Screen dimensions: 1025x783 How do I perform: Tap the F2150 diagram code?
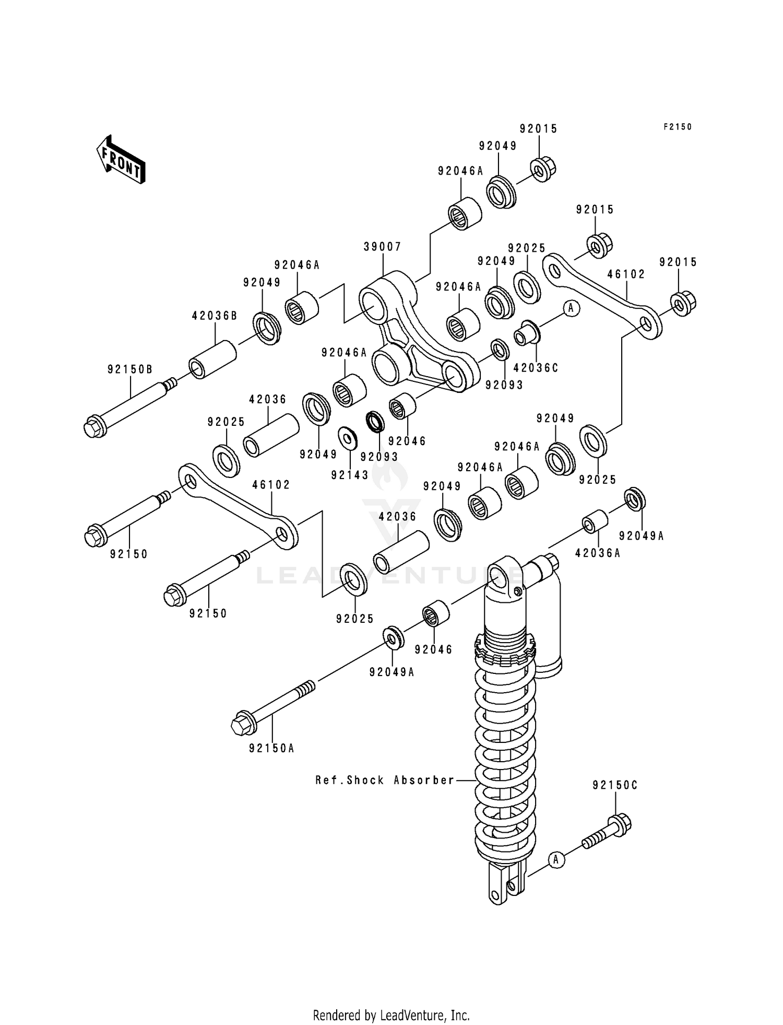(x=677, y=127)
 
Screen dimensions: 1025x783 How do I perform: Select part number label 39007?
(x=383, y=247)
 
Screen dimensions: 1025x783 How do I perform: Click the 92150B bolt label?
(x=130, y=369)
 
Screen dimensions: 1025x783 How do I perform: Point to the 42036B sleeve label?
(x=215, y=316)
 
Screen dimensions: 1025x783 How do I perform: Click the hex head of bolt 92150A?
(x=242, y=725)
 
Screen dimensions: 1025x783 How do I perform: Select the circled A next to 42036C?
(x=571, y=308)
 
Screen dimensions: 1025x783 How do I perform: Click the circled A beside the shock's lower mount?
(x=556, y=859)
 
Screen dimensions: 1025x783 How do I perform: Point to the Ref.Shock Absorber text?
(x=385, y=780)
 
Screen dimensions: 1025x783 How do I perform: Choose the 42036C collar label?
(x=536, y=368)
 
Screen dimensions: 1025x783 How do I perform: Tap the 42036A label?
(x=598, y=553)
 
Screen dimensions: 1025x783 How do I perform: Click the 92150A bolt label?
(x=271, y=748)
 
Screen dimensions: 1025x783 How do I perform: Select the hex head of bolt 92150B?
(x=94, y=426)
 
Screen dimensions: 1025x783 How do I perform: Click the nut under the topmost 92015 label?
(x=543, y=169)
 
